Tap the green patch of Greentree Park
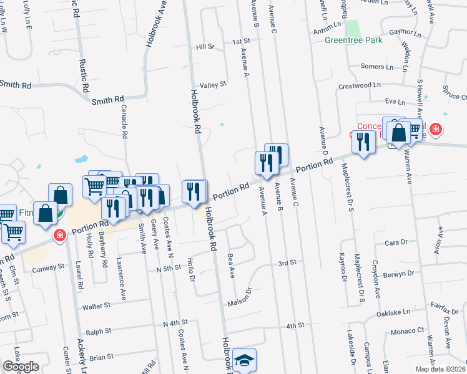click(353, 28)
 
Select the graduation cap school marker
click(245, 360)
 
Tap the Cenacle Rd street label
click(124, 122)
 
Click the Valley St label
click(212, 85)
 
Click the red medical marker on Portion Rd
click(59, 236)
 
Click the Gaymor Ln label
click(401, 31)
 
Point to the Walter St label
click(96, 306)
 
